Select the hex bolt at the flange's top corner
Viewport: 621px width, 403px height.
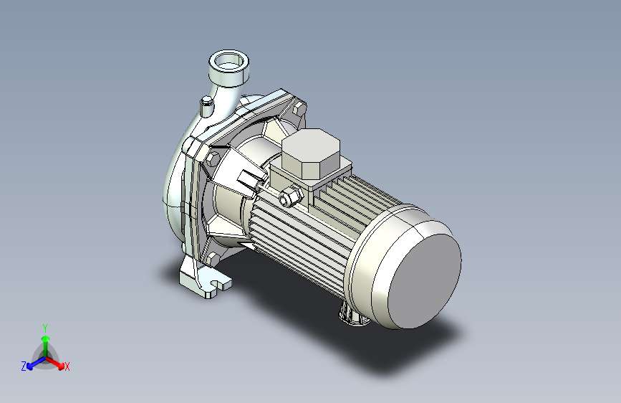pos(299,108)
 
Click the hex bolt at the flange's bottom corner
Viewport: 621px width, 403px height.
pos(212,259)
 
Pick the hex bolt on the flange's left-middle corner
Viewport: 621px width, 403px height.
pos(212,158)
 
